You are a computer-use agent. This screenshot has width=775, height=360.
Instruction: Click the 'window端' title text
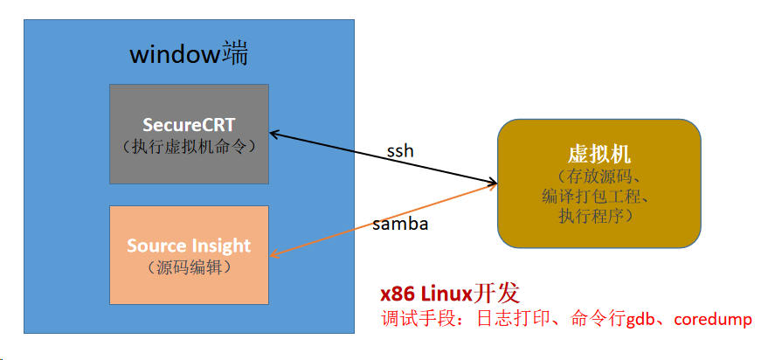tap(189, 54)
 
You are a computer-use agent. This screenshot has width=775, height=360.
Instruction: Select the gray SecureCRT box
tap(189, 166)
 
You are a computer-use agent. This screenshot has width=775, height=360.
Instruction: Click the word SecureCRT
tap(189, 124)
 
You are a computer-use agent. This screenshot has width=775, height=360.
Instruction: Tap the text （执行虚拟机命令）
tap(189, 146)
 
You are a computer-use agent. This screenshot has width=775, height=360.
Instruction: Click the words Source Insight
tap(189, 246)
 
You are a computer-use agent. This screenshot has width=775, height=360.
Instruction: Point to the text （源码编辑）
tap(189, 267)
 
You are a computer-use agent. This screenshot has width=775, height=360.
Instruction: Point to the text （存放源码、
tap(599, 177)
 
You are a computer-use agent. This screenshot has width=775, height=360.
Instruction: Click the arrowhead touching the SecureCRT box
tap(273, 133)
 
